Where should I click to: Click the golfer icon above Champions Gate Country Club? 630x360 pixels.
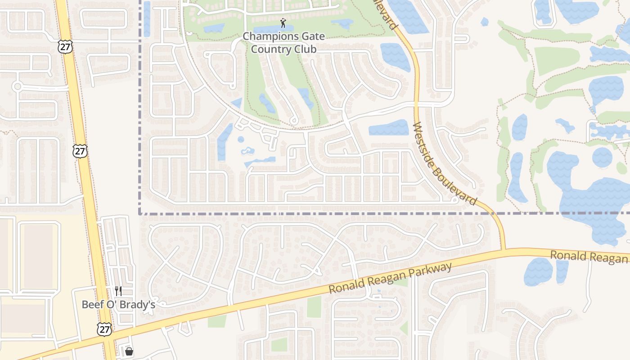(283, 23)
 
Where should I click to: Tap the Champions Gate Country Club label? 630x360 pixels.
(283, 42)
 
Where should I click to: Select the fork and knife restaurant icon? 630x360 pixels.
(118, 291)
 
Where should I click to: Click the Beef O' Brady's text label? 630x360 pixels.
(118, 305)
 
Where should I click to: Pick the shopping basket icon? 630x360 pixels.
(129, 351)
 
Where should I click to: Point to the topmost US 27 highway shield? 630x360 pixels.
(65, 46)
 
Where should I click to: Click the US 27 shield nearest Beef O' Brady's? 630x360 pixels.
(104, 329)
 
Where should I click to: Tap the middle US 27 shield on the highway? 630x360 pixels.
(80, 151)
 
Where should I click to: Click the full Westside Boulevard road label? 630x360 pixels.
(445, 164)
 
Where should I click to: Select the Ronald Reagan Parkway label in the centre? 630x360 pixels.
(390, 279)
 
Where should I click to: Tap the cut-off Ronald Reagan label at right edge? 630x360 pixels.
(589, 256)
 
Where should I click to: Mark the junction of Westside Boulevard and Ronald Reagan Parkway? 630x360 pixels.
(503, 249)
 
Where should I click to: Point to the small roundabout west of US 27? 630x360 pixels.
(18, 86)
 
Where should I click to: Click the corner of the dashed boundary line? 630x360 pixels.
(140, 213)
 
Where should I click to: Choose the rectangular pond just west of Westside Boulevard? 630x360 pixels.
(388, 128)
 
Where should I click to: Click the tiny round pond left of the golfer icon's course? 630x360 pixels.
(241, 139)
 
